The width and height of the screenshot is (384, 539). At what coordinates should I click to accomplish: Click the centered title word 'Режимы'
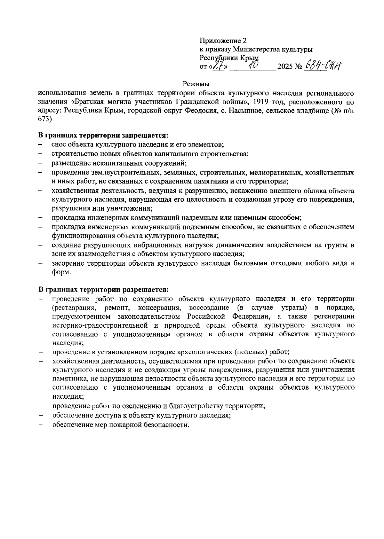[x=196, y=84]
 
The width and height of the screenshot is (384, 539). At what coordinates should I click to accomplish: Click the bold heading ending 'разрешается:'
[x=103, y=290]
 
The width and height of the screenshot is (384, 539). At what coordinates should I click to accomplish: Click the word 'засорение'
[x=67, y=263]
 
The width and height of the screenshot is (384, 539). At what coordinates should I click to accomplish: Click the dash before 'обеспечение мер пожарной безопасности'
[x=41, y=425]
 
